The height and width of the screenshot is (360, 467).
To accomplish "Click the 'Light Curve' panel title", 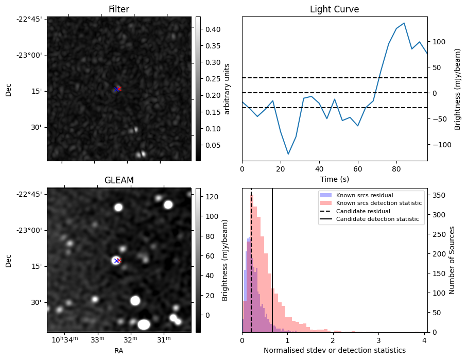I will pyautogui.click(x=334, y=9).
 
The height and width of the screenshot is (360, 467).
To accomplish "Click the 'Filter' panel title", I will pyautogui.click(x=118, y=9).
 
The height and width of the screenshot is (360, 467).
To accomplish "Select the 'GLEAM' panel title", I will pyautogui.click(x=118, y=180).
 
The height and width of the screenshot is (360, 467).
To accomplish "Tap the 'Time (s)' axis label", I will pyautogui.click(x=334, y=178).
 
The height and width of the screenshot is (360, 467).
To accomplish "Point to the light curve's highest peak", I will pyautogui.click(x=404, y=23).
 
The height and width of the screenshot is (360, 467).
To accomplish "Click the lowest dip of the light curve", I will pyautogui.click(x=288, y=154).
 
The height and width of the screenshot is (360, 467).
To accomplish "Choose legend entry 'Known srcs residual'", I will pyautogui.click(x=365, y=196).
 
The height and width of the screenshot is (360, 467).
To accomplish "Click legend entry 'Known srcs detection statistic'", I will pyautogui.click(x=378, y=203).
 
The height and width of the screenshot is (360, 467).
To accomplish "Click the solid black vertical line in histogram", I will pyautogui.click(x=272, y=258).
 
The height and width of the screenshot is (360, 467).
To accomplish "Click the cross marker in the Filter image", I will pyautogui.click(x=118, y=89).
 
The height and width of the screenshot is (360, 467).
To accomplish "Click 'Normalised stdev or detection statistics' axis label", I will pyautogui.click(x=334, y=350).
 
